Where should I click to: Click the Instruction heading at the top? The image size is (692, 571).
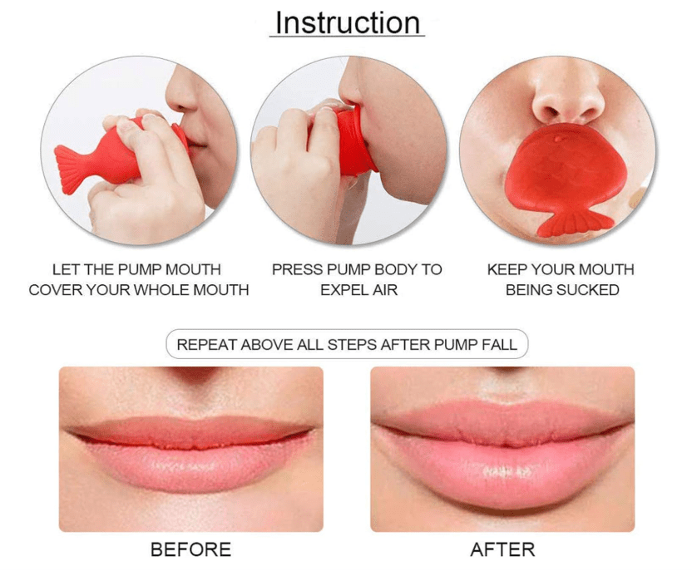click(347, 22)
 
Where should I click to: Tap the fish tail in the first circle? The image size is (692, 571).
click(70, 169)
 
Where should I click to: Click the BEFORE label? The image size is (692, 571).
click(190, 549)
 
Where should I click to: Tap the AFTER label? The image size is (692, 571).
click(502, 549)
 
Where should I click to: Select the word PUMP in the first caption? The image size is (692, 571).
click(141, 269)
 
